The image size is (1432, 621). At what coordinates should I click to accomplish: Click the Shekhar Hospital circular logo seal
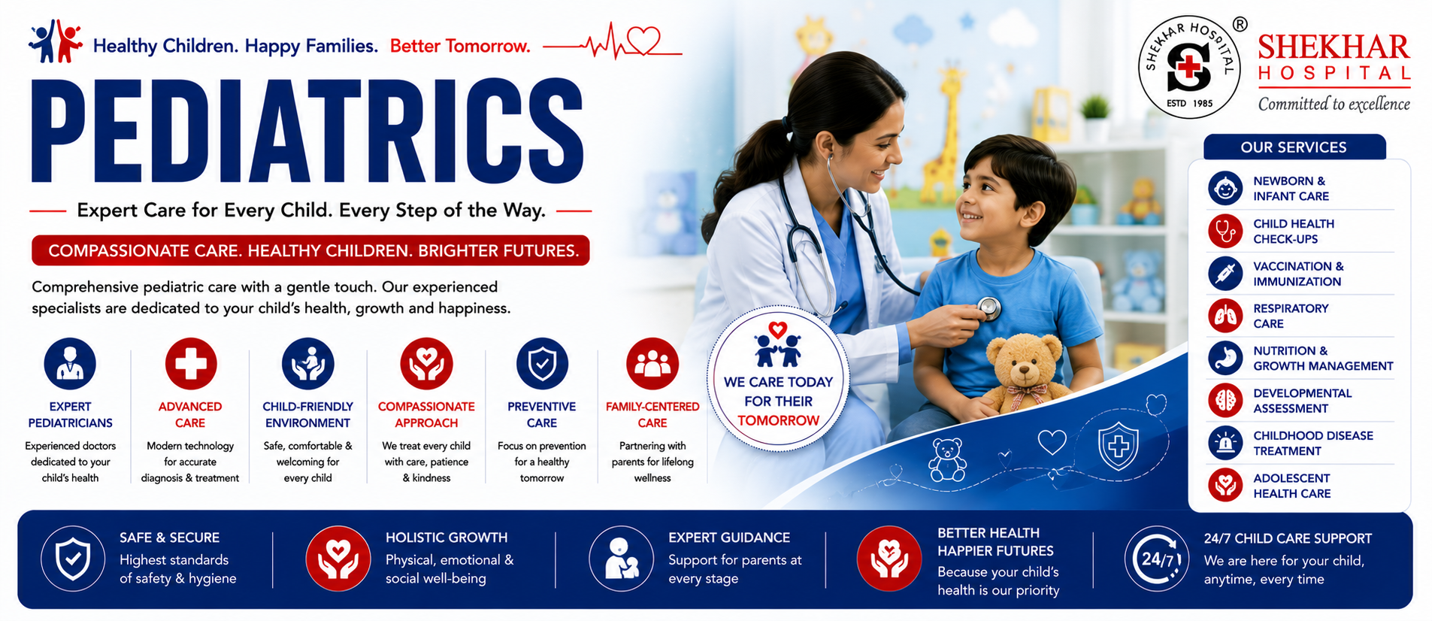1188,67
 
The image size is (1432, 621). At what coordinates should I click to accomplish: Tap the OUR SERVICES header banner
1294,147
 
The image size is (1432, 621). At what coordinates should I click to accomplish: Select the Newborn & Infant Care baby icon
1225,188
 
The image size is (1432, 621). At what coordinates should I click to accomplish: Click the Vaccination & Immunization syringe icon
1225,273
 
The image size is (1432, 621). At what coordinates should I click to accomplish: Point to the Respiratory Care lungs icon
1225,316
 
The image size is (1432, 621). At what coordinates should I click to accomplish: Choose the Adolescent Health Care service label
1291,486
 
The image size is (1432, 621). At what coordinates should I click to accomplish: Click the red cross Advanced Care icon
190,364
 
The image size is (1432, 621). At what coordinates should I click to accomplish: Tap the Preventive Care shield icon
542,364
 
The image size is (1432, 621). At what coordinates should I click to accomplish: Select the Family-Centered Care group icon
652,364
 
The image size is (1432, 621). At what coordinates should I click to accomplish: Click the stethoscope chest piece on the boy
988,307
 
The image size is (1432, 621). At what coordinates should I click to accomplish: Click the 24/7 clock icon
1156,559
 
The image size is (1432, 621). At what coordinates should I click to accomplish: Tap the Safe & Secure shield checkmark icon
73,559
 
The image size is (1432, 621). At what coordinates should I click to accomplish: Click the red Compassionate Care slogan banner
310,250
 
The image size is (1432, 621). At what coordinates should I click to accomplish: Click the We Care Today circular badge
778,379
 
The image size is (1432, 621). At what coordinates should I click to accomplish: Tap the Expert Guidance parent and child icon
621,559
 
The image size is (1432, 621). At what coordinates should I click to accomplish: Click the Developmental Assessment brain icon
1225,401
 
